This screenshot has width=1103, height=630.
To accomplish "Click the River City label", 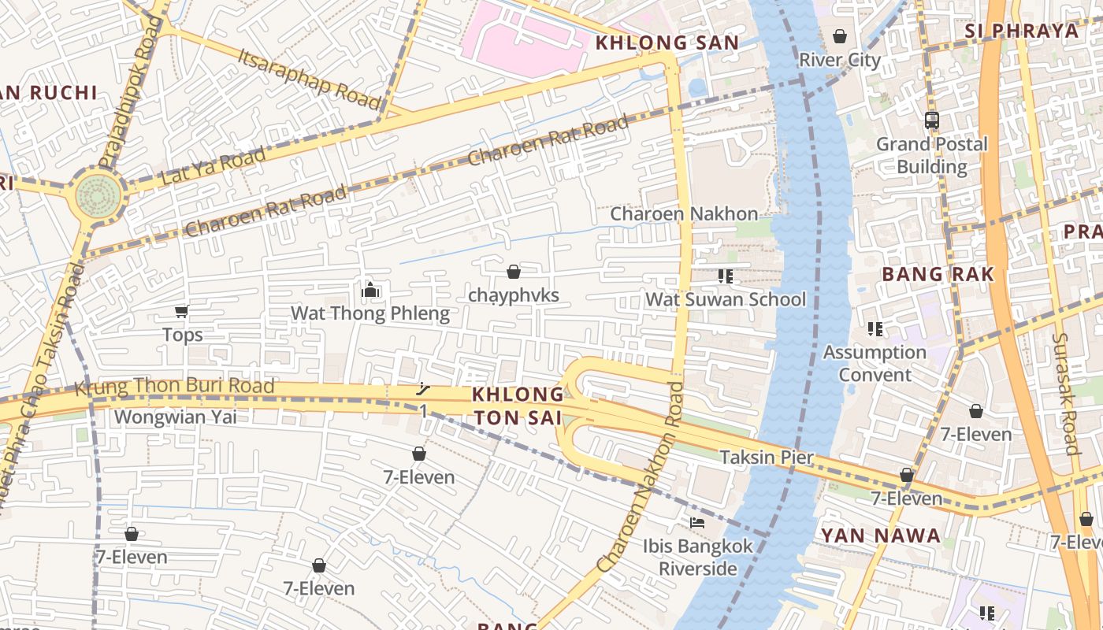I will [x=840, y=60].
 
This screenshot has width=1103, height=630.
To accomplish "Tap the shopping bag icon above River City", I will [x=840, y=36].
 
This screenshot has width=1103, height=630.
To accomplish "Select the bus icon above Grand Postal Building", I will [x=932, y=120].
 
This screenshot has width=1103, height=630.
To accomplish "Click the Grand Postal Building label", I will [x=932, y=155].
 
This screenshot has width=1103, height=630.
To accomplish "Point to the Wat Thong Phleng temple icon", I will [x=370, y=291].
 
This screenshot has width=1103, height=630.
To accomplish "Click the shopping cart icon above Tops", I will [x=182, y=312].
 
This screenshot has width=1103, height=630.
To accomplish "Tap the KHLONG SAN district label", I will [x=667, y=43].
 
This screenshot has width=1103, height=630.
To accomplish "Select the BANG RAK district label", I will [x=938, y=274].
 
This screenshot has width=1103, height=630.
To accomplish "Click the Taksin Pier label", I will [x=767, y=458].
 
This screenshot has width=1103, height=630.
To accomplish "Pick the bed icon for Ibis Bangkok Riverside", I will [x=697, y=522].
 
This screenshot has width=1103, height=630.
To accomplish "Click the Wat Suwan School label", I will [x=726, y=299].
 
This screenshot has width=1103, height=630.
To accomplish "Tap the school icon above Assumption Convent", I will [x=875, y=328].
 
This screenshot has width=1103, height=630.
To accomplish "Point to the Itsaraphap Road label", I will [x=309, y=78].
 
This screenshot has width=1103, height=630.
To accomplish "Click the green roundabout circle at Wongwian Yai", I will [x=99, y=197].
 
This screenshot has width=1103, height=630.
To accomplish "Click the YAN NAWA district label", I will [x=881, y=536].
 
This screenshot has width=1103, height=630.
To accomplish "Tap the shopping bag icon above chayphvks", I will [x=514, y=272].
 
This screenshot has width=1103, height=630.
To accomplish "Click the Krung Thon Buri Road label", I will [x=174, y=387].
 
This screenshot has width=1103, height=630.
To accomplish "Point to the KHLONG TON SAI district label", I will [x=518, y=406].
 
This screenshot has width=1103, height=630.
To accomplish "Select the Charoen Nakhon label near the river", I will [x=684, y=213].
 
